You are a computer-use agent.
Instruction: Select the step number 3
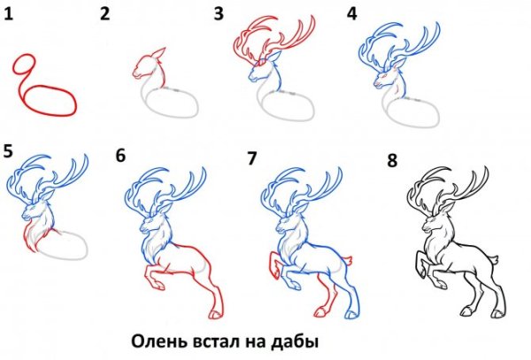pos(218,13)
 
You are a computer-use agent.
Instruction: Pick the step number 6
pos(120,157)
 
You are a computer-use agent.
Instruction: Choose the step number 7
pos(252,157)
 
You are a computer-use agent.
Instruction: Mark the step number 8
pos(393,160)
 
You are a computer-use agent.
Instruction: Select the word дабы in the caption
pos(296,340)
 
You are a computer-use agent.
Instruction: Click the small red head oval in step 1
pos(24,67)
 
